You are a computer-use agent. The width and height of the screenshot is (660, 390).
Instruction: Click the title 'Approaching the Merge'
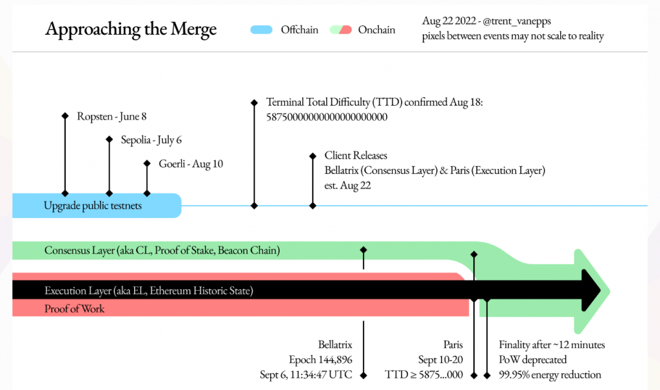click(x=131, y=29)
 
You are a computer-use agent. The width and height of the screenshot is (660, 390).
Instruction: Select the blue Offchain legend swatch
click(x=262, y=30)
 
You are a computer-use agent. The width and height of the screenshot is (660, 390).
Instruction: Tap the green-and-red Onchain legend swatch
click(x=340, y=30)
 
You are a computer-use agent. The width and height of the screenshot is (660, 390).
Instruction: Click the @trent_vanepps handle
click(x=517, y=21)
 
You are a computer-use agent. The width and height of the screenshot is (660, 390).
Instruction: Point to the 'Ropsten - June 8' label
click(x=112, y=116)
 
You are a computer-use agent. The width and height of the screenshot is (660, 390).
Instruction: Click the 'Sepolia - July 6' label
click(x=151, y=140)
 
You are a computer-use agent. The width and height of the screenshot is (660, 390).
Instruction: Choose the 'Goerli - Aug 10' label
click(x=191, y=163)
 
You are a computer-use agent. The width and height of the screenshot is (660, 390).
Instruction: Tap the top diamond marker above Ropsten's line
click(x=65, y=116)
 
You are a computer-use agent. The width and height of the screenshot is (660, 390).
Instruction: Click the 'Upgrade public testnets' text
click(x=93, y=206)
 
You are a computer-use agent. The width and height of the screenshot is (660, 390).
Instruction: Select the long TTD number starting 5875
click(x=327, y=117)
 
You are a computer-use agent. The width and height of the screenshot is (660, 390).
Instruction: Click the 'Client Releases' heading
click(x=356, y=155)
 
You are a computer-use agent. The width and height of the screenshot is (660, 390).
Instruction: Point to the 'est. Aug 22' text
click(x=347, y=185)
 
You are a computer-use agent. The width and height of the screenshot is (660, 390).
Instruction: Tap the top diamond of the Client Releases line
click(x=313, y=156)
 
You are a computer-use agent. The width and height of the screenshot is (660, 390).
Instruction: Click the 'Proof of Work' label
click(x=75, y=309)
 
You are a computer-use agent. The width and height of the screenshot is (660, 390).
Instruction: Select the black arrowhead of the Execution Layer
click(x=591, y=291)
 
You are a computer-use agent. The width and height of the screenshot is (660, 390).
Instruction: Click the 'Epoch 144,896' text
click(x=321, y=360)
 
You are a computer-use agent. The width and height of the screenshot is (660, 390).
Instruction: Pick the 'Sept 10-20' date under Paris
click(x=441, y=360)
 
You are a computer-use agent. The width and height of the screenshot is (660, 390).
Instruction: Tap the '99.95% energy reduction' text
click(x=550, y=375)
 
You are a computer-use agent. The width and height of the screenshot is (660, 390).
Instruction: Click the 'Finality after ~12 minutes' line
click(x=552, y=345)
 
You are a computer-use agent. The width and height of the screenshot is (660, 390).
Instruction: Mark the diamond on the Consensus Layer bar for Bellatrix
click(x=364, y=250)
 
